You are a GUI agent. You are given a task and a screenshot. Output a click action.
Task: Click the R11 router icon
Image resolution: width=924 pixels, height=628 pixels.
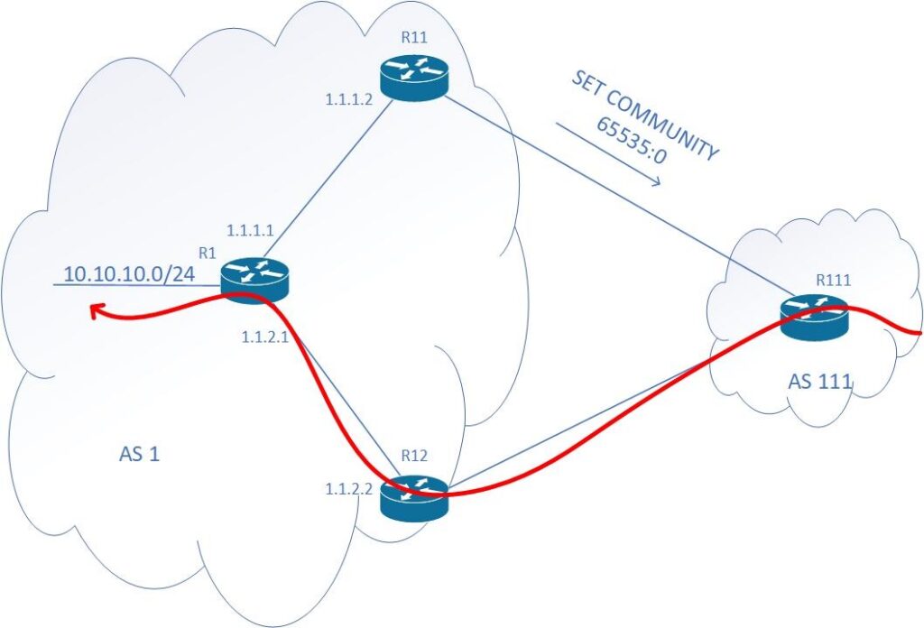coord(413,78)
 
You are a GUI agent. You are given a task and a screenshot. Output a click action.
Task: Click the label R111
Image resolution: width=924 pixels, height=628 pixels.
coord(832,279)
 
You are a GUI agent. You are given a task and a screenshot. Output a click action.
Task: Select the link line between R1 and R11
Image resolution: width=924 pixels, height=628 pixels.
coord(329,180)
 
